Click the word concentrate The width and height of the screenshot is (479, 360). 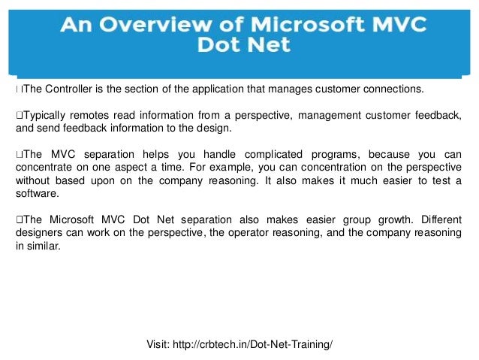pyautogui.click(x=44, y=167)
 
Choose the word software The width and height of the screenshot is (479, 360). pyautogui.click(x=37, y=193)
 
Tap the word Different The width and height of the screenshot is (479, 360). pyautogui.click(x=438, y=219)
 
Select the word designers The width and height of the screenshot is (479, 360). pyautogui.click(x=38, y=232)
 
